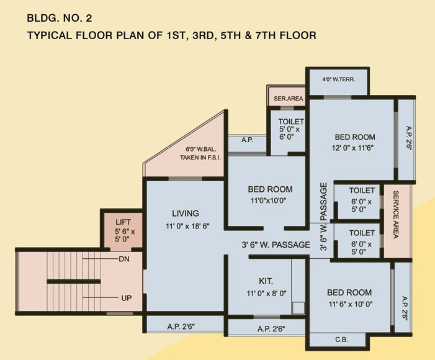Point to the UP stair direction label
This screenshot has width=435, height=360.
pos(126,298)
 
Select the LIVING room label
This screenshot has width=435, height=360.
pos(186,214)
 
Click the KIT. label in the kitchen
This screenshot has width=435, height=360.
pos(266,281)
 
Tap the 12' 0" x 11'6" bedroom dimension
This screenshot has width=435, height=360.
pos(355,148)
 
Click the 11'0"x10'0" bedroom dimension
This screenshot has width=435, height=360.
pos(270,201)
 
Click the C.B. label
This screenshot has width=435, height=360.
pos(341,340)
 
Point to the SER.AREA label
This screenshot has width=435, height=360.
pos(288,98)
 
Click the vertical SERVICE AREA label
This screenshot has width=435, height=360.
pos(396,215)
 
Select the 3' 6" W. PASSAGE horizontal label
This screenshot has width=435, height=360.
pos(276,245)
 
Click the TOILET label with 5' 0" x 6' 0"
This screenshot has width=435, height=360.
pos(291,122)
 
